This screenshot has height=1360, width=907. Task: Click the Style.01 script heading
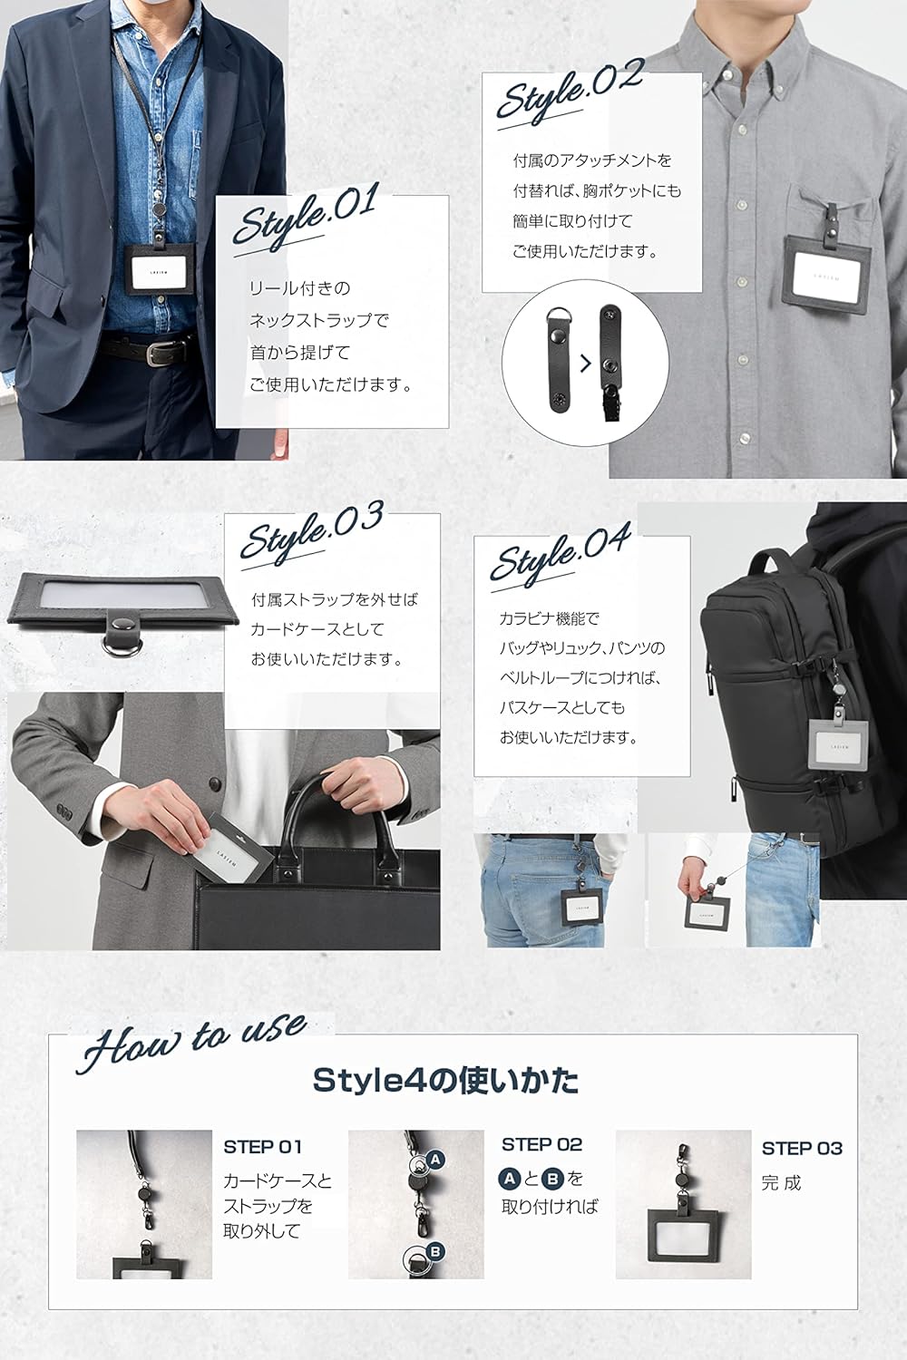tap(304, 219)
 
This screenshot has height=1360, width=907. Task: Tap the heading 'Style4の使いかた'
tap(445, 1081)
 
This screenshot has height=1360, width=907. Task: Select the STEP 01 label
tap(262, 1147)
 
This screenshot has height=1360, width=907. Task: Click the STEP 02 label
tap(541, 1145)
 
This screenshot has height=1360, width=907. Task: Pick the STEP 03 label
tap(802, 1148)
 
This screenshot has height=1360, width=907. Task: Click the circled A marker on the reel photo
tap(434, 1160)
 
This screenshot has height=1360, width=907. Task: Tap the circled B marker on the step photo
tap(435, 1252)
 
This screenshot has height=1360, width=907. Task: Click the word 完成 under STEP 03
tap(781, 1182)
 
